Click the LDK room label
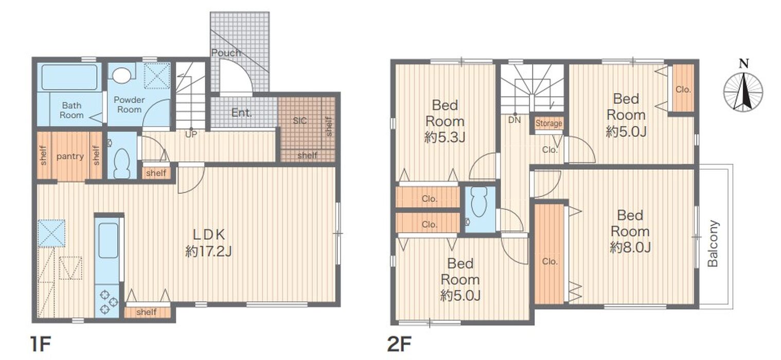pos(208,235)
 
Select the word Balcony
pos(713,244)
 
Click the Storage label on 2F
pos(549,123)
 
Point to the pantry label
pos(70,156)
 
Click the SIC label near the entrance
pos(300,120)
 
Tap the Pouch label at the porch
pos(226,53)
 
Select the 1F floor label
pos(41,344)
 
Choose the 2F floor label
pos(399,344)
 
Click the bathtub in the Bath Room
pos(69,77)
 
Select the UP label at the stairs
pos(191,134)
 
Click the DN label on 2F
pos(514,120)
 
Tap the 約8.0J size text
pos(630,247)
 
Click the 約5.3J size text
pos(445,138)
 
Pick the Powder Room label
pos(129,104)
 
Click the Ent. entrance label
pos(242,113)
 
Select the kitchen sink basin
pos(108,241)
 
